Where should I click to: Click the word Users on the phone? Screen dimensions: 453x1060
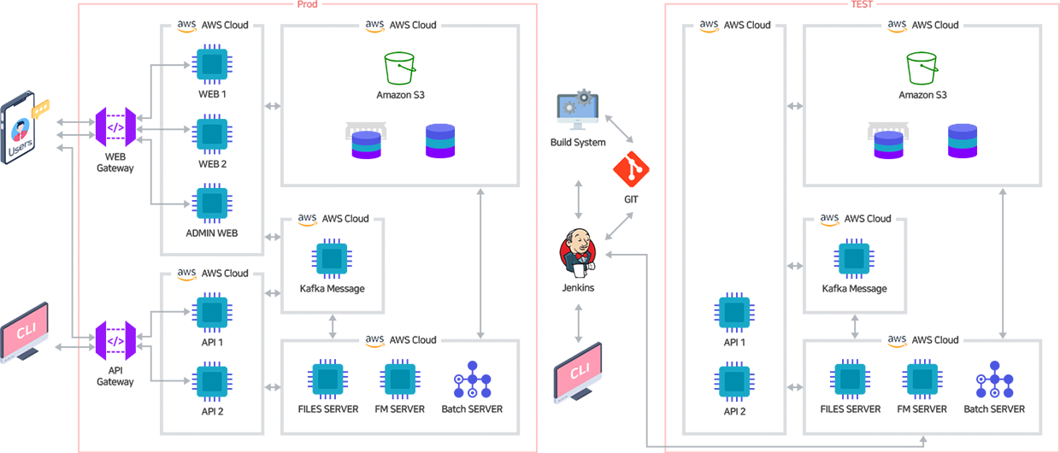tap(20, 150)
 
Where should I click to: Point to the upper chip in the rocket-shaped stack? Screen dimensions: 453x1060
tap(733, 312)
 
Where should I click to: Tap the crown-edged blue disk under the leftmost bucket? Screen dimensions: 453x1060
tap(366, 139)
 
